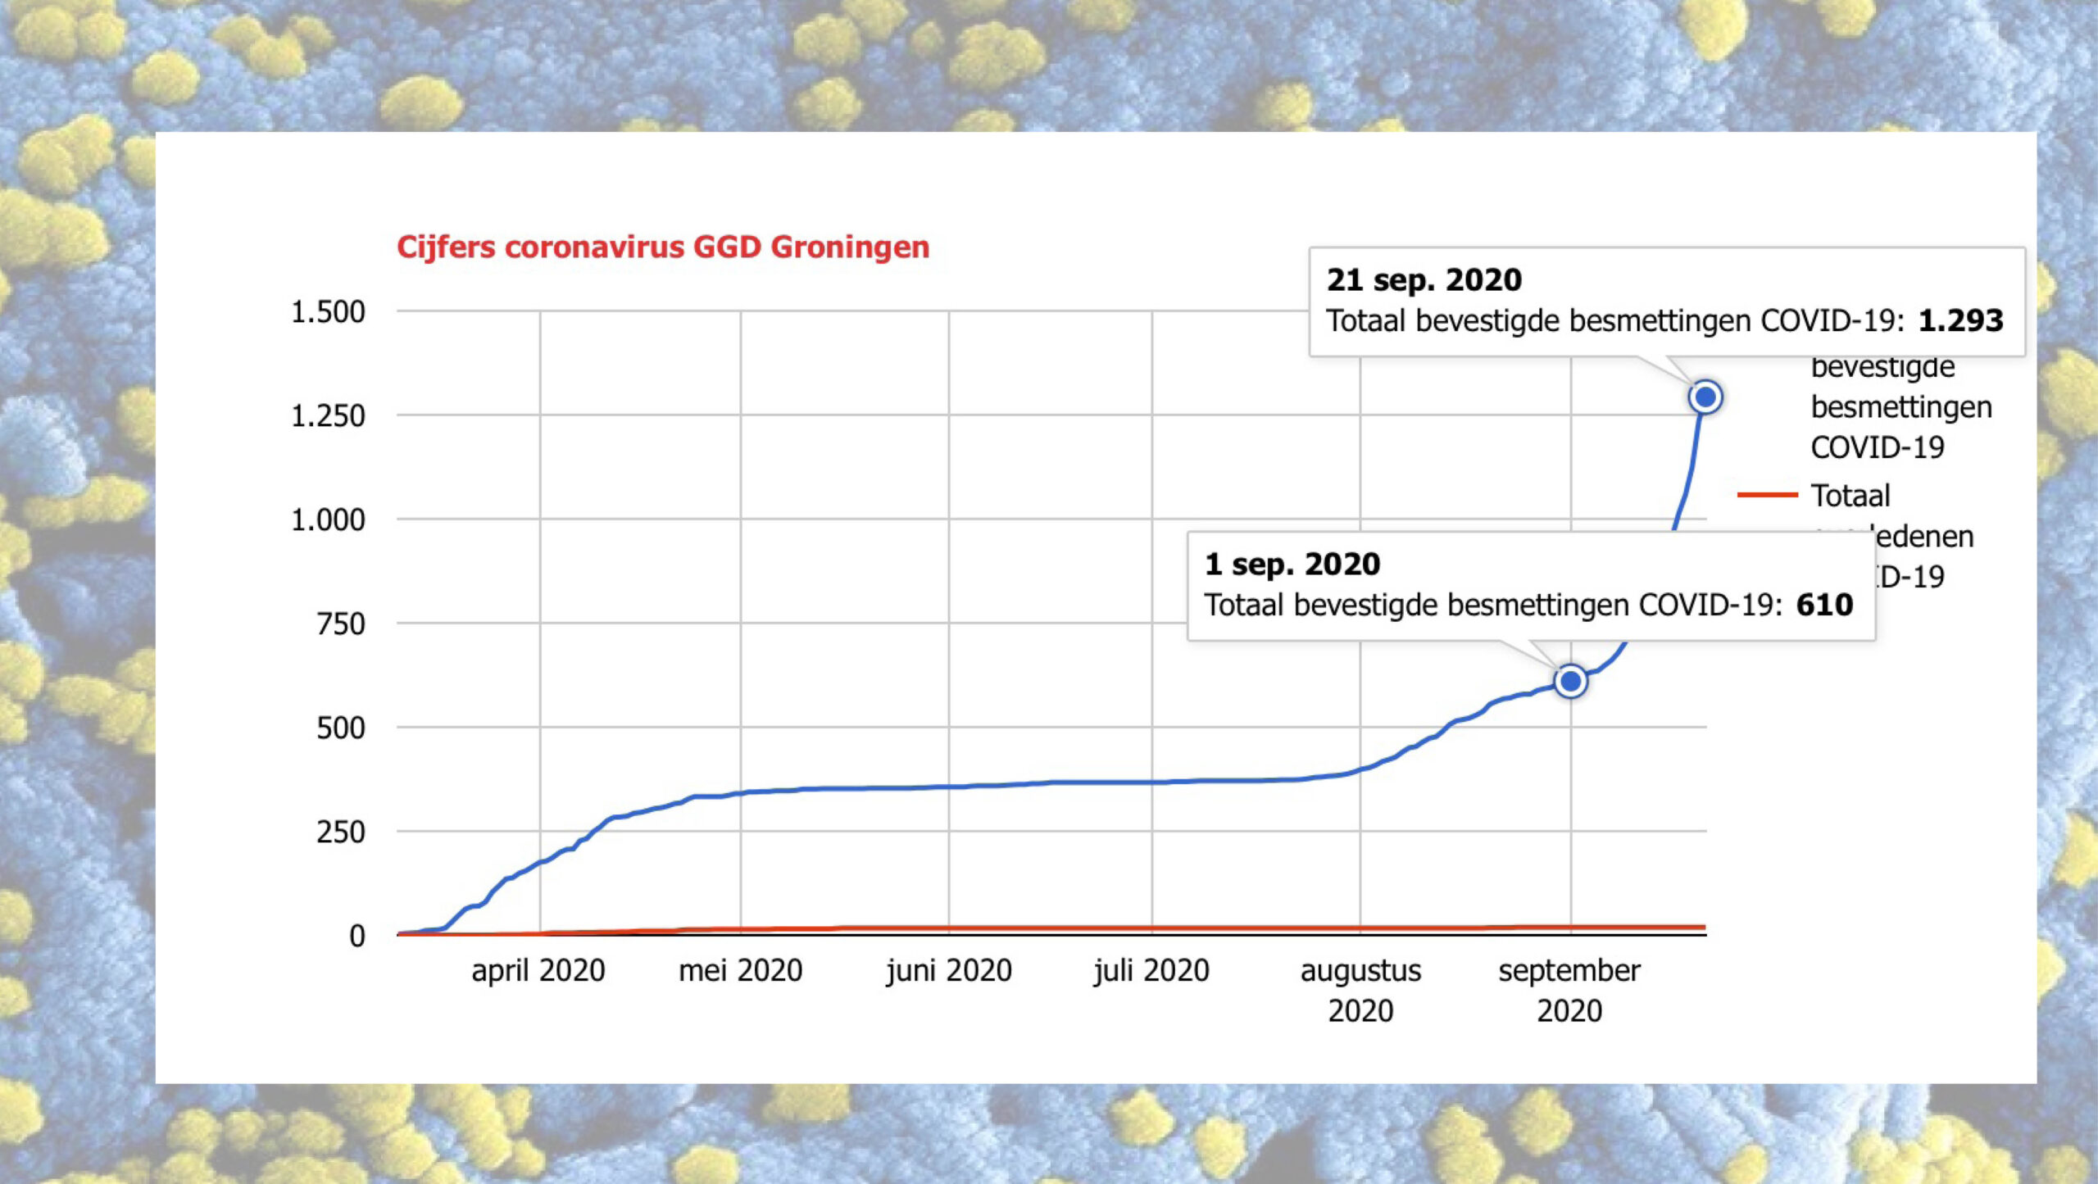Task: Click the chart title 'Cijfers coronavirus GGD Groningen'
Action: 663,247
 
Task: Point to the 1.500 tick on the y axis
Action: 328,312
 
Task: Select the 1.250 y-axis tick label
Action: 328,416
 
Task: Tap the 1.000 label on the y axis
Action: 328,520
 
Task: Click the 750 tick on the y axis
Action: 340,624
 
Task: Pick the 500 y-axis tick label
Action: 340,728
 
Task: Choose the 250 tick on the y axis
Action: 340,832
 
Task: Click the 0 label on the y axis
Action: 356,936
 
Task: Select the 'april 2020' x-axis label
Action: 538,971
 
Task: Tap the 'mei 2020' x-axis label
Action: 740,971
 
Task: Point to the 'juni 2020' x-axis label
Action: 949,971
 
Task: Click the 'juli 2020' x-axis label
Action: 1151,971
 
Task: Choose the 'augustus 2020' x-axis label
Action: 1360,990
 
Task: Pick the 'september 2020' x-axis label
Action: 1569,990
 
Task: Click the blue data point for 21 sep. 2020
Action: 1705,397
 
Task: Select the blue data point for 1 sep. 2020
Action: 1570,681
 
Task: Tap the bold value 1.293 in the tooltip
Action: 1960,320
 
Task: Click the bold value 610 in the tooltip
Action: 1824,605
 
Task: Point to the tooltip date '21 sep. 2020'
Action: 1424,280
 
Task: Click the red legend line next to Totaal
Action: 1767,495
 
